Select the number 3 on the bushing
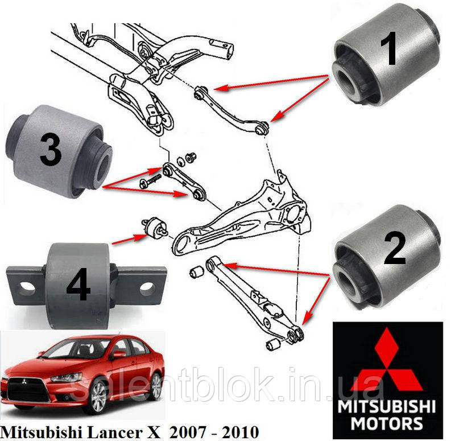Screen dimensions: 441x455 pos(51,150)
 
